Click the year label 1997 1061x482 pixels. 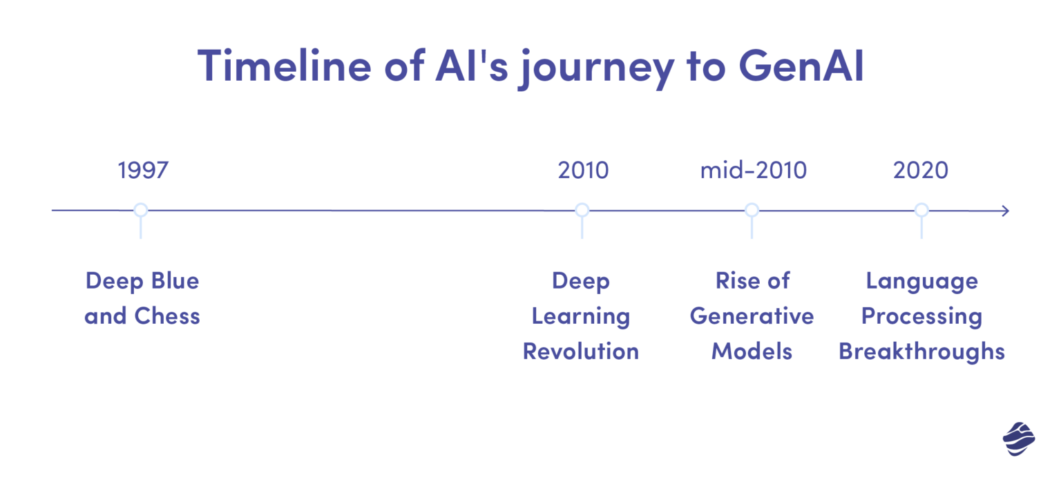tap(143, 170)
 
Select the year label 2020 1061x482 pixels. tap(920, 170)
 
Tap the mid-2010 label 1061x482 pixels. tap(753, 170)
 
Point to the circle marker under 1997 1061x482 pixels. tap(141, 210)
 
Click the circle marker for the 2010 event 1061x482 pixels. tap(582, 210)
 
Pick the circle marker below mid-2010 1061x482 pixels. tap(752, 210)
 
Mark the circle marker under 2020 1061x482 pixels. tap(921, 210)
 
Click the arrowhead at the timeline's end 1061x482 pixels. tap(1005, 211)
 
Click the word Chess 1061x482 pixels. tap(167, 316)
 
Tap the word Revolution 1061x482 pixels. tap(580, 351)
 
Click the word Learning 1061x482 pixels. tap(580, 317)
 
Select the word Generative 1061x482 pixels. tap(752, 316)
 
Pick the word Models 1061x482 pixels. tap(752, 351)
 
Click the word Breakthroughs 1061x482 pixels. tap(921, 351)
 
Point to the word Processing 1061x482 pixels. tap(921, 317)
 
